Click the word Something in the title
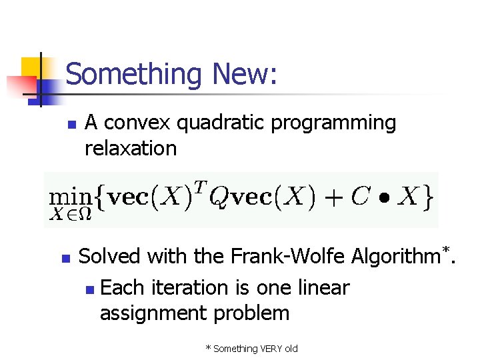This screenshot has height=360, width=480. [133, 74]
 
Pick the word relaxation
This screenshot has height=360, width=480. [131, 148]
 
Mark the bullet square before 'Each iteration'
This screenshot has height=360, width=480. [90, 289]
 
